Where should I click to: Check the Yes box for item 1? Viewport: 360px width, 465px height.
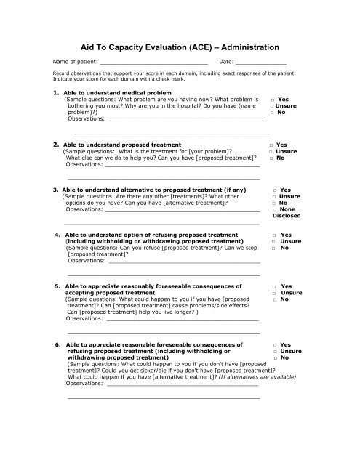271,99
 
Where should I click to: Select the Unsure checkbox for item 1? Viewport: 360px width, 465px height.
269,105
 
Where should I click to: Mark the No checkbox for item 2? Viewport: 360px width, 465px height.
271,158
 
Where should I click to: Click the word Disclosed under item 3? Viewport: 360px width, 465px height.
286,216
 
